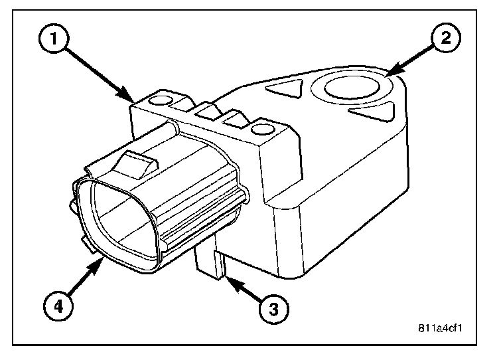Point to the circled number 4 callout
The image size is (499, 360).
[x=58, y=306]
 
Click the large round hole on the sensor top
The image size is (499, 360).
[x=348, y=87]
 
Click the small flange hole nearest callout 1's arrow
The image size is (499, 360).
[x=159, y=102]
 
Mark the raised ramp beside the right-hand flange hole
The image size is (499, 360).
[x=238, y=121]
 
